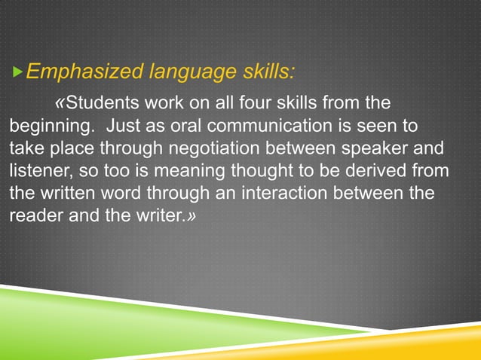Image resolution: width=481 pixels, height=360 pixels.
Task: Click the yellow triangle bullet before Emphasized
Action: [18, 73]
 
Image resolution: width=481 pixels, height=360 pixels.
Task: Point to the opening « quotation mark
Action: [60, 102]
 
